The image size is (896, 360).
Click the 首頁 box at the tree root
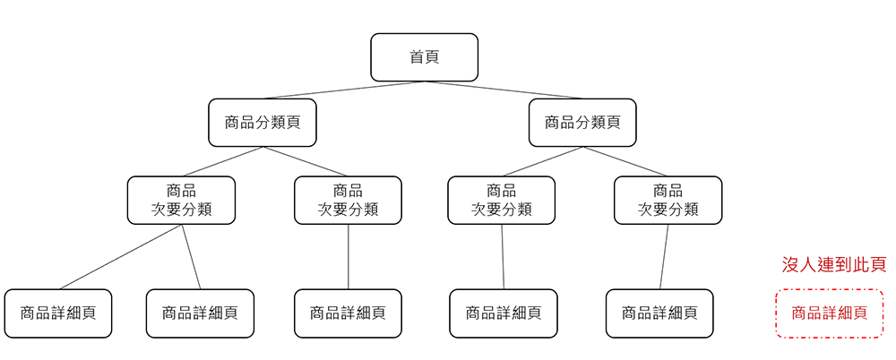coord(424,57)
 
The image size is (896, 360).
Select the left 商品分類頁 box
coord(262,123)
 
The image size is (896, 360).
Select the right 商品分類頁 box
coord(582,123)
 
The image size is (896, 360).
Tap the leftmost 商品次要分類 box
coord(181,200)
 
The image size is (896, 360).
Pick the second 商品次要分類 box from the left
coord(348,200)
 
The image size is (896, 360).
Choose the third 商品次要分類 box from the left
coord(501,200)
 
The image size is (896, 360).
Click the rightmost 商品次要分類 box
coord(668,200)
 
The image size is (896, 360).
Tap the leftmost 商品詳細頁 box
coord(58,313)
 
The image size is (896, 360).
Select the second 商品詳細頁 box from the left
coord(200,313)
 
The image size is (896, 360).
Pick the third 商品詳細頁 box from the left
coord(348,313)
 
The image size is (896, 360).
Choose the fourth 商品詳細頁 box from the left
coord(503,313)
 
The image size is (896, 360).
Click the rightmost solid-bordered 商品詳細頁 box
coord(659,313)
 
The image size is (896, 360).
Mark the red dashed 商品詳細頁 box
coord(829,313)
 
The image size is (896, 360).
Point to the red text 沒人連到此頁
coord(833,265)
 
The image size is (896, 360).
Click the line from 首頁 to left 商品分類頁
coord(342,90)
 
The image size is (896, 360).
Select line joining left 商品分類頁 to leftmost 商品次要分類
coord(221,162)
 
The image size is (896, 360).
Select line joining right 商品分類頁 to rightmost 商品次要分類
coord(625,162)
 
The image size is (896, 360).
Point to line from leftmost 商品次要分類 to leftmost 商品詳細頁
coord(121,257)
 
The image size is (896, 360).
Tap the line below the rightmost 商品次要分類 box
coord(664,257)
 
